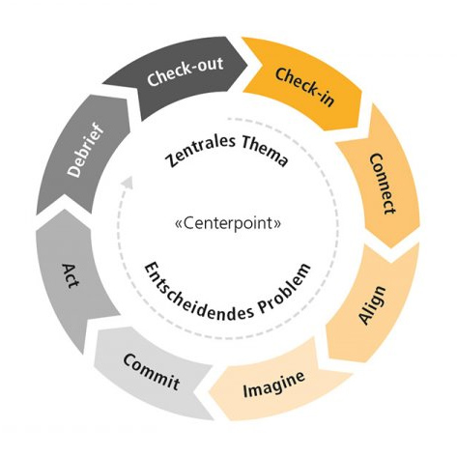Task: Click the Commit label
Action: pos(151,371)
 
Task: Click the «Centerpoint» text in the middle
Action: pos(229,226)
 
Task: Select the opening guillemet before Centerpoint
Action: pos(177,226)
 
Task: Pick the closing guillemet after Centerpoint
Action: pos(280,226)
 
